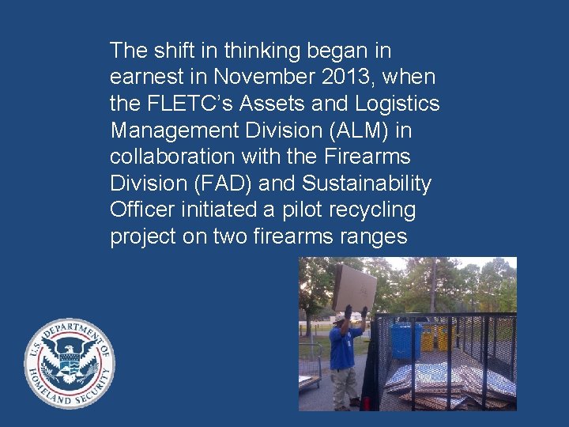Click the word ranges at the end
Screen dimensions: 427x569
373,237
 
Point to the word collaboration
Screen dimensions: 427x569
171,157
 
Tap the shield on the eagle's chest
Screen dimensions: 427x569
70,365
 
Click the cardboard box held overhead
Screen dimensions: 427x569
354,288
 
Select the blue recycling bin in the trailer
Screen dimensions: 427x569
405,340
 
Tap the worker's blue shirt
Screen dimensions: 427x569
345,347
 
